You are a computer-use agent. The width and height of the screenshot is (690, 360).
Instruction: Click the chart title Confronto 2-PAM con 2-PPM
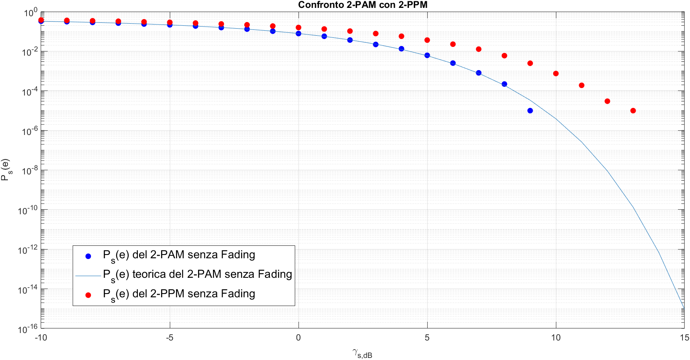[x=362, y=5]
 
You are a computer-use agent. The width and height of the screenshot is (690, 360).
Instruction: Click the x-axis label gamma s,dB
[x=362, y=353]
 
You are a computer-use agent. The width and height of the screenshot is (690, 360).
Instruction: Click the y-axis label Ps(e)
[x=6, y=169]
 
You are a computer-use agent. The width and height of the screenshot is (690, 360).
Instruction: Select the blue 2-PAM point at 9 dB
[x=530, y=111]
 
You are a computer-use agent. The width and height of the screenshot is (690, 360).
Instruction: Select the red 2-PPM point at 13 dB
[x=633, y=111]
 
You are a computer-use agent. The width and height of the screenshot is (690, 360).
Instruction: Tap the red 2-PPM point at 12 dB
[x=607, y=101]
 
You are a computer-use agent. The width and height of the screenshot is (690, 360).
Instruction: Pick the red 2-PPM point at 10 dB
[x=556, y=73]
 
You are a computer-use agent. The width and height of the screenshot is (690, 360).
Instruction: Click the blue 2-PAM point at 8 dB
[x=504, y=84]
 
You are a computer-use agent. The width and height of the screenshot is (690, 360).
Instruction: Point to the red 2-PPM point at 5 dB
[x=427, y=40]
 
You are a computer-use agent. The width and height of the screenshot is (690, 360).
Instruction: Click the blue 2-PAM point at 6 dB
[x=453, y=63]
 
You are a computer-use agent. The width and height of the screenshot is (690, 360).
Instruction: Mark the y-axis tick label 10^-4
[x=29, y=91]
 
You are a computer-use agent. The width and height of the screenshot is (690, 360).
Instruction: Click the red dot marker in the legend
[x=88, y=295]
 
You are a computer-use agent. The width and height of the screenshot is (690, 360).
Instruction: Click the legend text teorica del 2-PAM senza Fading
[x=198, y=275]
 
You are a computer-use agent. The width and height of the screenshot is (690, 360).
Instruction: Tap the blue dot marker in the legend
[x=88, y=256]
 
